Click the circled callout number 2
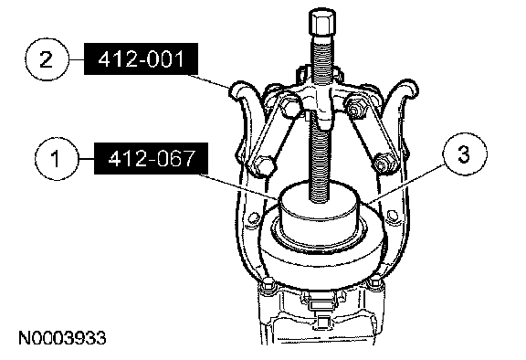tap(47, 59)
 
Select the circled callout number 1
tap(57, 158)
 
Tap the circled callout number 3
tap(464, 154)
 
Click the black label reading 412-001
tap(141, 58)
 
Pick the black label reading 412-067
tap(151, 158)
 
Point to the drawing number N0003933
tap(62, 338)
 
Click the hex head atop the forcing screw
tap(321, 23)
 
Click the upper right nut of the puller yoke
tap(356, 107)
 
